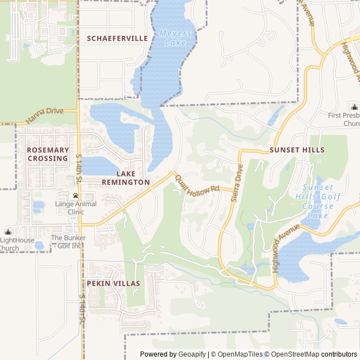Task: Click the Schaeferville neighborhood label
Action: [x=117, y=38]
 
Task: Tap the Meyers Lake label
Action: [x=175, y=38]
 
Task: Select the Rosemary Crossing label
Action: [x=47, y=154]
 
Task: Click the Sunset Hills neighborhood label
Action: [x=296, y=150]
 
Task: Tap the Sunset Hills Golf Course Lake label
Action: [x=318, y=201]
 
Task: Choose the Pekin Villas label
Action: [x=113, y=283]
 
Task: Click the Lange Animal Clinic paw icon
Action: [x=75, y=195]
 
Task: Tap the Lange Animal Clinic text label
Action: [x=75, y=208]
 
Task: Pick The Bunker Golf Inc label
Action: [x=68, y=241]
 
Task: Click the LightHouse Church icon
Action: [x=8, y=232]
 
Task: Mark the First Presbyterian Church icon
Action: [x=354, y=107]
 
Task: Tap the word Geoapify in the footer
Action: [x=192, y=354]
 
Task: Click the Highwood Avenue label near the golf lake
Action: [x=286, y=248]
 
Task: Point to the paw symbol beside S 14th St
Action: [x=75, y=179]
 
